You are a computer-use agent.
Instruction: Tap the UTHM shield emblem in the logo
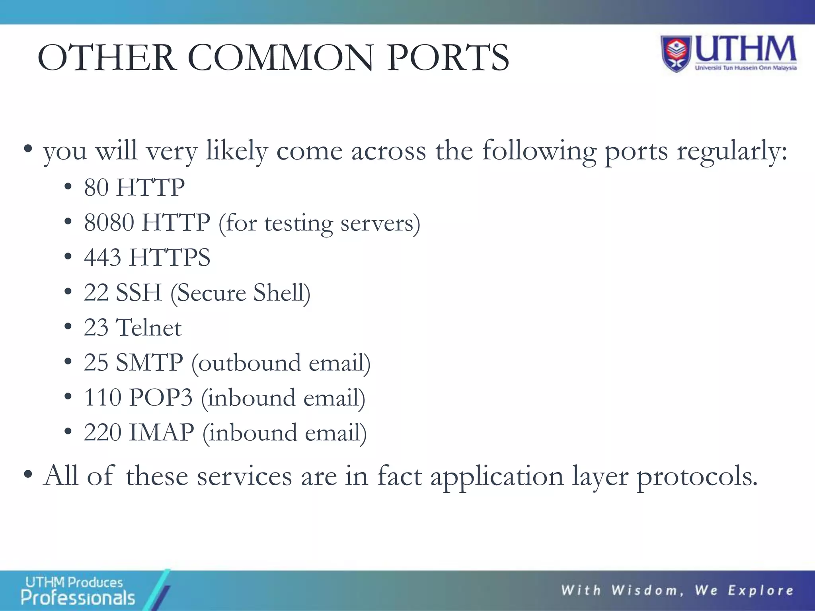677,54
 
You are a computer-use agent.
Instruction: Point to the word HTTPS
170,257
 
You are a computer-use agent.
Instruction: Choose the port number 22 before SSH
96,292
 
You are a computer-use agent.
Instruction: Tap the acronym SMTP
149,362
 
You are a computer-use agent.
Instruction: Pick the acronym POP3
161,397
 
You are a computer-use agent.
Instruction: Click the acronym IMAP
162,432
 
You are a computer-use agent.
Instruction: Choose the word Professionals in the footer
78,598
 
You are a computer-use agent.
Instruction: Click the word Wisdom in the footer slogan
645,590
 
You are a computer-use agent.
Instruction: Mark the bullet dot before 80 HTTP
68,187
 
